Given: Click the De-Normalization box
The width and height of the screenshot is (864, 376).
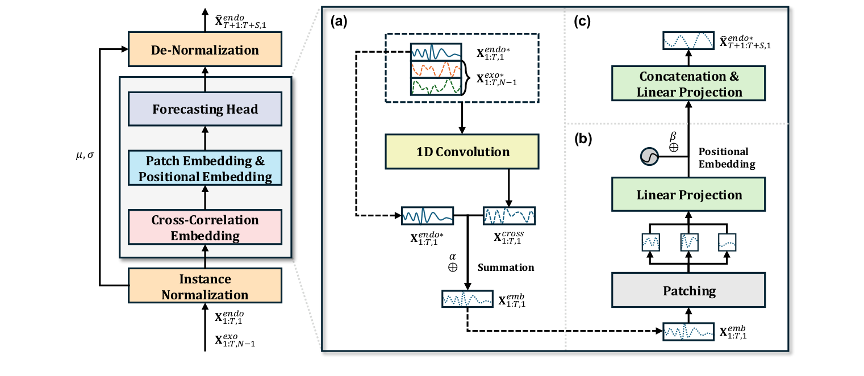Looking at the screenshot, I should (205, 51).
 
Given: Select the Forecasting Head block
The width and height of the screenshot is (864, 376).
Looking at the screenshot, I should (205, 108).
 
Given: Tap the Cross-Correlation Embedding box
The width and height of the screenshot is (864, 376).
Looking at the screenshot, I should (205, 228).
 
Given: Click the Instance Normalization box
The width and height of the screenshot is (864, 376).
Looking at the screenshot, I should (205, 287).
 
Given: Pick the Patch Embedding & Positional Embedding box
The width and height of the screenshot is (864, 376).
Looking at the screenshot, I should (205, 169).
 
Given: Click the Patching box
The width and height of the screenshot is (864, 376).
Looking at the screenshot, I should (689, 291).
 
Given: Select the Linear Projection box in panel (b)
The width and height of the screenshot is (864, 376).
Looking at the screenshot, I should (689, 195).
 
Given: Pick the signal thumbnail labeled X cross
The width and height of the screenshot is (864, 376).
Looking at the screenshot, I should (509, 216).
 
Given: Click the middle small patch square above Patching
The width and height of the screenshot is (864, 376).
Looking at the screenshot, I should (689, 243).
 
